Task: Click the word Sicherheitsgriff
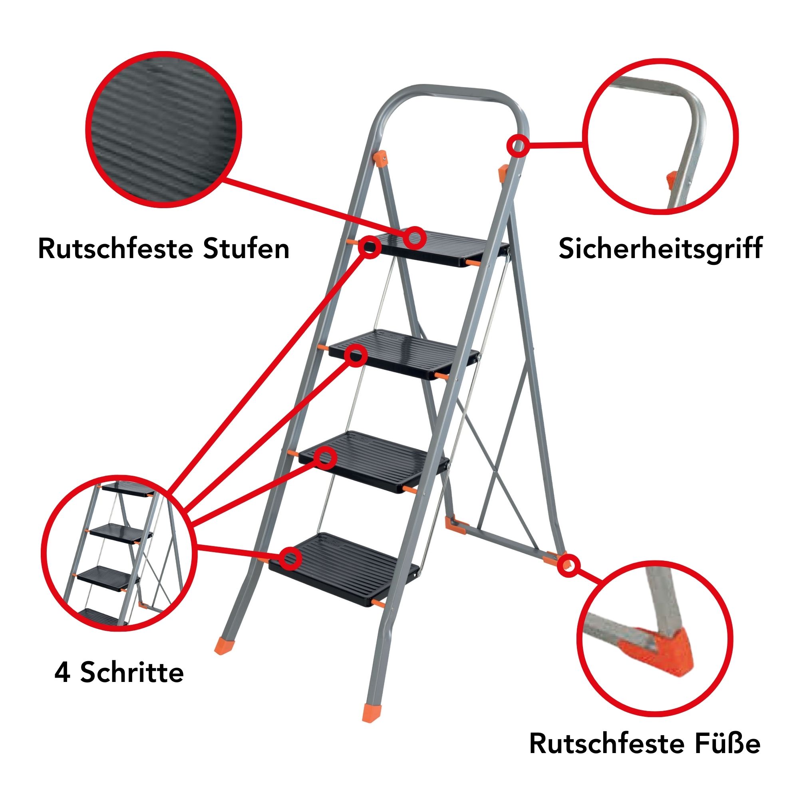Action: (660, 249)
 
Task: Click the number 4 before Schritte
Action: (62, 672)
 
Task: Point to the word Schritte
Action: (132, 672)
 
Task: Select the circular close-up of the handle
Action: (660, 137)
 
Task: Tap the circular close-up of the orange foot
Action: (655, 639)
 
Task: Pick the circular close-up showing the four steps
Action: (119, 553)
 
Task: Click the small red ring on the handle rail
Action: (517, 146)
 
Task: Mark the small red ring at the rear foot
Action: (568, 565)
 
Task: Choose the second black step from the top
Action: (404, 354)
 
